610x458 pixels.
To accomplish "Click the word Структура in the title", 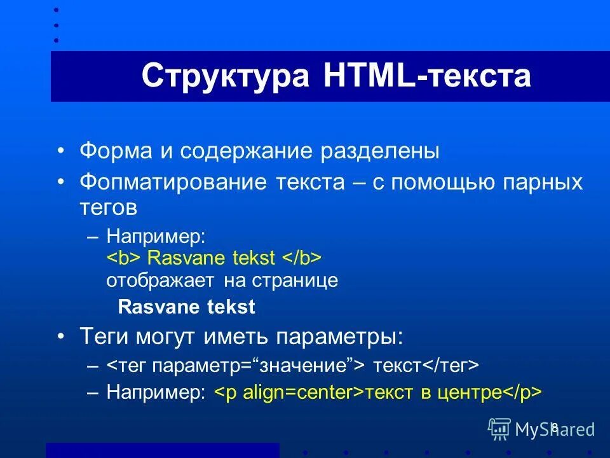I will [225, 76].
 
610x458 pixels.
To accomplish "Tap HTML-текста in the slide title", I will [427, 76].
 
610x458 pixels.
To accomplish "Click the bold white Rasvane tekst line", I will [187, 307].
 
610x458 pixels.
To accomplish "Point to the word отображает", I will [161, 281].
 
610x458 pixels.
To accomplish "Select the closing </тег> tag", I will [451, 366].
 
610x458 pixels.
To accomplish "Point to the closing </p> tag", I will [523, 392].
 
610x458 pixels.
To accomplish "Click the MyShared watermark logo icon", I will [499, 429].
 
